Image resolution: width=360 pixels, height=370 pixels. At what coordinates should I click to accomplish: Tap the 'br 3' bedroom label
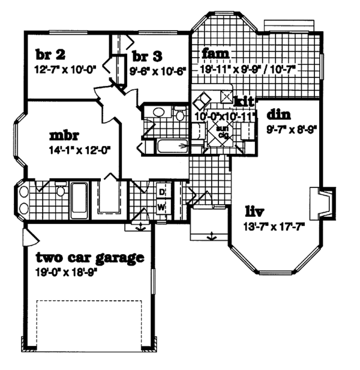(147, 57)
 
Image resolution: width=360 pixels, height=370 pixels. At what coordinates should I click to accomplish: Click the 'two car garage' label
(89, 258)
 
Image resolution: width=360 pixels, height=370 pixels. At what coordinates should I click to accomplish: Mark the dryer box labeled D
(161, 192)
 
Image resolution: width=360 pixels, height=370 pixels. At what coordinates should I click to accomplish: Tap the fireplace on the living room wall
(321, 204)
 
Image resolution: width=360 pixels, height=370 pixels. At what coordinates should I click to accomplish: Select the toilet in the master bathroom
(60, 192)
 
